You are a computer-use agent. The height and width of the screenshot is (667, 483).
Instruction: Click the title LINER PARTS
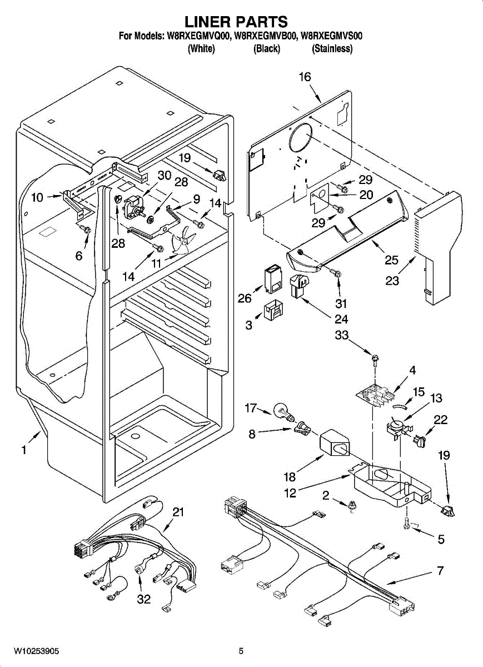point(236,22)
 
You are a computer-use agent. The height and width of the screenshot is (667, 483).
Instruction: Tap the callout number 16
point(305,77)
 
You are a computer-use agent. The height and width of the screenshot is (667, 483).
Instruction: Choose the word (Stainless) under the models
point(332,49)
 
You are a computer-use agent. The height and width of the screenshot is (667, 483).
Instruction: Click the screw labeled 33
point(375,359)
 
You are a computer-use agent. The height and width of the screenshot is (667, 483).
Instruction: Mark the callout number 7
point(440,570)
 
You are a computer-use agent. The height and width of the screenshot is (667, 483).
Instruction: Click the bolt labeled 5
point(407,522)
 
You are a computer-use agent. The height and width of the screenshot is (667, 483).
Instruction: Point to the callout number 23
point(392,281)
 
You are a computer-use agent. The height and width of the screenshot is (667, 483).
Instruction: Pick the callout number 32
point(144,600)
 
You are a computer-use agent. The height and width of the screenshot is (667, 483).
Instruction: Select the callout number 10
point(37,197)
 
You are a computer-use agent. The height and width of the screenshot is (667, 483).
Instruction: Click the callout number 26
point(245,298)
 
